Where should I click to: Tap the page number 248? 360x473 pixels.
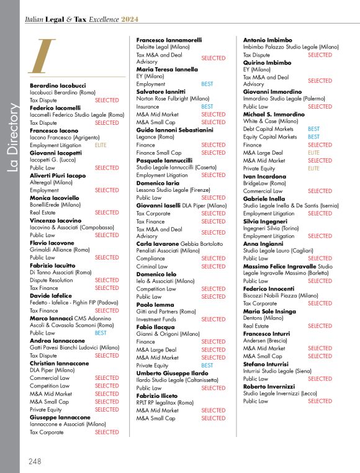tap(35, 461)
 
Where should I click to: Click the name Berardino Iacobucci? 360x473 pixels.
tap(58, 84)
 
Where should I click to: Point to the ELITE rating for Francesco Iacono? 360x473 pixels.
tap(101, 145)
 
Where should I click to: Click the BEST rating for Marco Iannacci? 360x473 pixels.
tap(101, 333)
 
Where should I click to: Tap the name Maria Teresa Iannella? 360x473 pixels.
tap(167, 70)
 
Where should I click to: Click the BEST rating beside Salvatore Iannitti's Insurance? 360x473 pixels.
tap(207, 107)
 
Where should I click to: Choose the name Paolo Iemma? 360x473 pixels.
tap(155, 304)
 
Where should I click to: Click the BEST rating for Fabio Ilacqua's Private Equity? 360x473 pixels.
tap(207, 366)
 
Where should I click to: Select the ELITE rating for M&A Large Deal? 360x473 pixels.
tap(313, 153)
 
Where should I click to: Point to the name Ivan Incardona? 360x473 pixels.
tap(266, 176)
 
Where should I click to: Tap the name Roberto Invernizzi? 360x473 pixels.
tap(271, 386)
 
